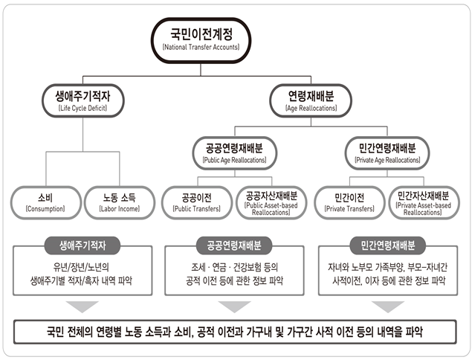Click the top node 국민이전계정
(201, 40)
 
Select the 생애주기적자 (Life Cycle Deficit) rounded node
(83, 100)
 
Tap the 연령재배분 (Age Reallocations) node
(311, 100)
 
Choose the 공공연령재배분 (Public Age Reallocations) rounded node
(234, 153)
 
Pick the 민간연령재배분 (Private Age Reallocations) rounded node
(387, 153)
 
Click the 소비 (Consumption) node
(46, 202)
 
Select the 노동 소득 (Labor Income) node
(120, 202)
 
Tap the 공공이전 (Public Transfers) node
(197, 202)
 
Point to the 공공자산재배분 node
(271, 202)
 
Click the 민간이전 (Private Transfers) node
(349, 202)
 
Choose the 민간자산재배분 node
(424, 202)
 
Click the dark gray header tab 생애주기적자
(83, 245)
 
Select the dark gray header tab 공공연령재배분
(234, 245)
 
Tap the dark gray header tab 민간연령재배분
(388, 245)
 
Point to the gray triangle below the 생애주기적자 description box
(83, 306)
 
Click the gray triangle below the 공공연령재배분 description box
(234, 306)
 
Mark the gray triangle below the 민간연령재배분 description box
(388, 306)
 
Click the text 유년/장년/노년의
(81, 267)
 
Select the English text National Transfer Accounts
(201, 48)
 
